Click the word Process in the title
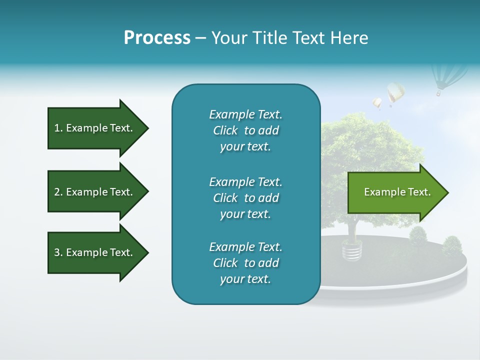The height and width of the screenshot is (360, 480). click(157, 38)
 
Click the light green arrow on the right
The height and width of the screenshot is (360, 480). click(395, 192)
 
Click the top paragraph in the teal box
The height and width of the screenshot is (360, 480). click(245, 130)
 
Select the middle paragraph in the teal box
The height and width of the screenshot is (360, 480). click(245, 197)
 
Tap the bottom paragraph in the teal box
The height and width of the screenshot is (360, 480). click(245, 263)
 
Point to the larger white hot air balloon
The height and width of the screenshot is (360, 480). click(395, 92)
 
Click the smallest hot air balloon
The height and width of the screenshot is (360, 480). click(377, 103)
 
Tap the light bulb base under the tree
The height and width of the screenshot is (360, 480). click(351, 250)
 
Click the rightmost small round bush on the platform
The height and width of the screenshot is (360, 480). click(452, 246)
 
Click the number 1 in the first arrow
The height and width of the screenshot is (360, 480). click(56, 128)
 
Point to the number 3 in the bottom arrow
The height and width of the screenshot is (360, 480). click(56, 252)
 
